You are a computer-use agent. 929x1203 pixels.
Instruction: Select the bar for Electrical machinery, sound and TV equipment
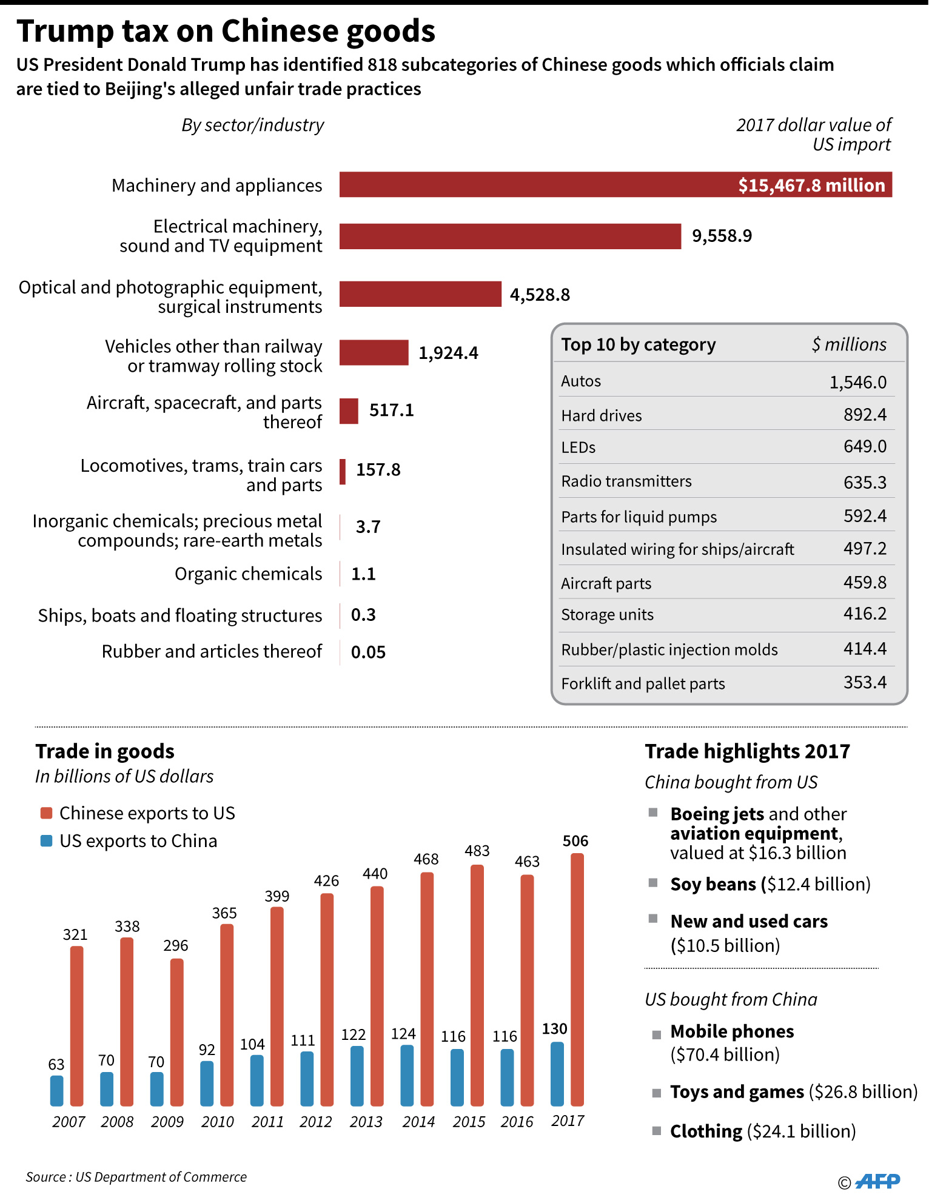pyautogui.click(x=509, y=236)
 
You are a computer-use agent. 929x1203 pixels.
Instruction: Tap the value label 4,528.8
pyautogui.click(x=540, y=295)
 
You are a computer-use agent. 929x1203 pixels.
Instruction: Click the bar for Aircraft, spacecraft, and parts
pyautogui.click(x=349, y=411)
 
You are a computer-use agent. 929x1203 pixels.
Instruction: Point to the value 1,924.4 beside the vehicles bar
pyautogui.click(x=448, y=353)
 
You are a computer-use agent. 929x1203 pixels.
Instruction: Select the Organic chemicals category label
pyautogui.click(x=248, y=574)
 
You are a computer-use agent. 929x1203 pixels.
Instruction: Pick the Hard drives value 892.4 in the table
pyautogui.click(x=865, y=415)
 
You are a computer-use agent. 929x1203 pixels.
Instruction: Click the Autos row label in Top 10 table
pyautogui.click(x=581, y=381)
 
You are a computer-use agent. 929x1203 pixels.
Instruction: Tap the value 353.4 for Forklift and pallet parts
pyautogui.click(x=865, y=683)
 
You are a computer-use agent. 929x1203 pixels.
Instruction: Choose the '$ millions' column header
pyautogui.click(x=849, y=344)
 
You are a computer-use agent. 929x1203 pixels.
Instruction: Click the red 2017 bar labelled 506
pyautogui.click(x=577, y=979)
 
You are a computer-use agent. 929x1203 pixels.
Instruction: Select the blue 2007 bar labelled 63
pyautogui.click(x=57, y=1090)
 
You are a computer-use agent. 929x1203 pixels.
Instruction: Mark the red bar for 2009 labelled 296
pyautogui.click(x=177, y=1032)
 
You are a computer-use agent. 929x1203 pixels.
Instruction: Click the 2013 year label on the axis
pyautogui.click(x=366, y=1122)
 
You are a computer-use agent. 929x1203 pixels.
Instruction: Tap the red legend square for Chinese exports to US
pyautogui.click(x=46, y=813)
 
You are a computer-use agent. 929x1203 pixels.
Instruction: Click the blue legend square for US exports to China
pyautogui.click(x=46, y=841)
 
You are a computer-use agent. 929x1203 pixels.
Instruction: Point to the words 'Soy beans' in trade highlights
pyautogui.click(x=713, y=885)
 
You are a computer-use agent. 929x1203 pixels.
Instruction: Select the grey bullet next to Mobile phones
pyautogui.click(x=656, y=1034)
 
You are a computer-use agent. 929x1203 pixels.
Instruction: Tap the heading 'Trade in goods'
pyautogui.click(x=105, y=752)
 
